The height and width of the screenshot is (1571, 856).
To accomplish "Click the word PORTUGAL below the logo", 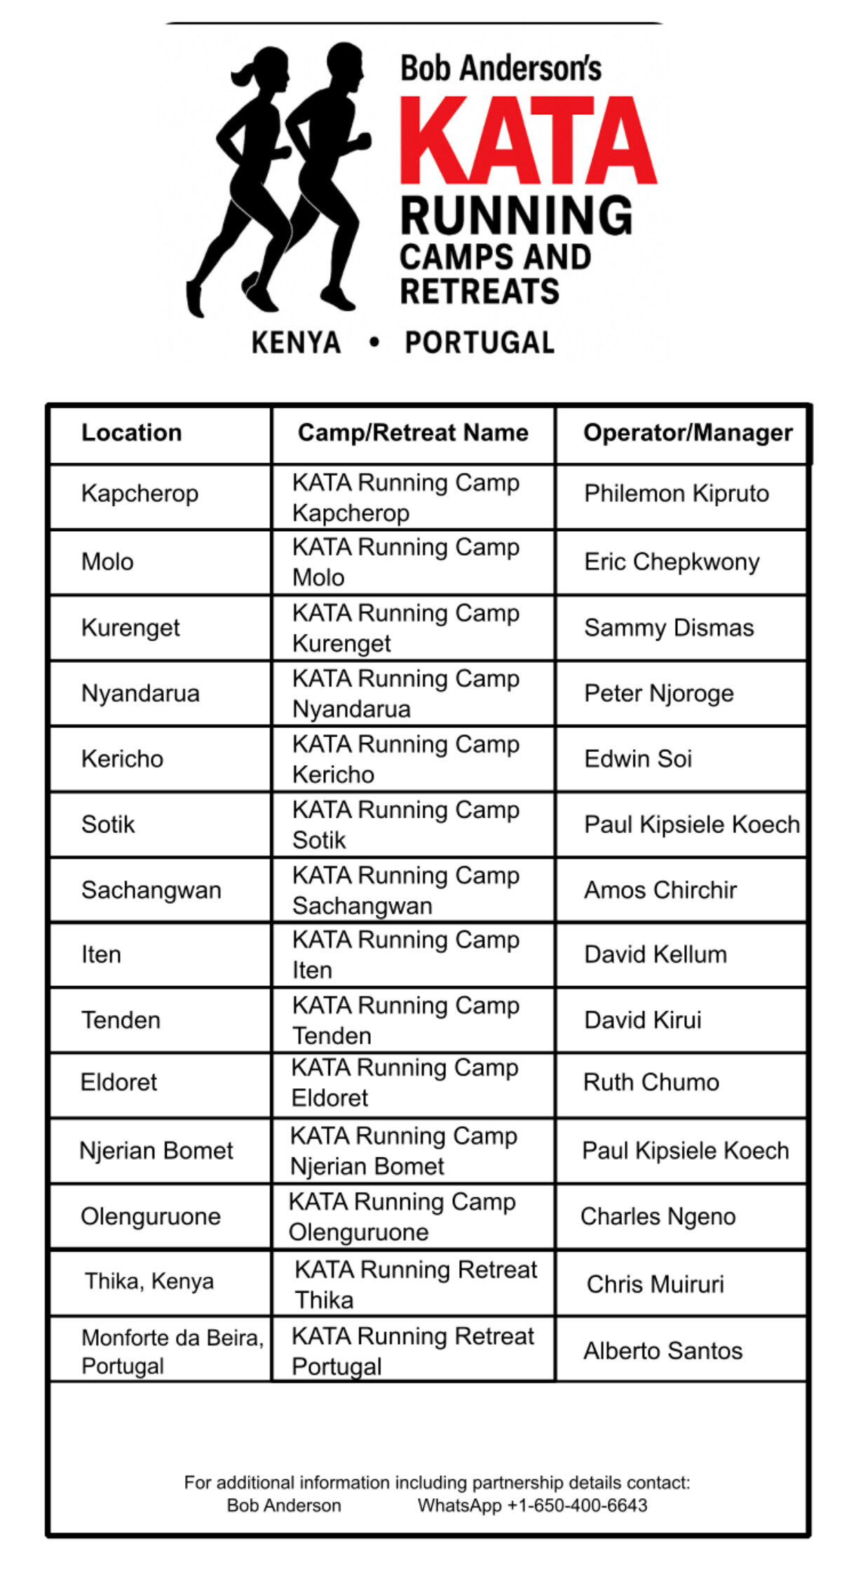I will (480, 343).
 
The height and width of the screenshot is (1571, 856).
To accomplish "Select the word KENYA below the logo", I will (296, 343).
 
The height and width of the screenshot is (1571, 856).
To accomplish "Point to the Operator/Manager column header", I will (687, 433).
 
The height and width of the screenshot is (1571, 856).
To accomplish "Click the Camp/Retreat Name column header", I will (413, 433).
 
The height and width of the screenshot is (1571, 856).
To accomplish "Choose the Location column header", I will (132, 433).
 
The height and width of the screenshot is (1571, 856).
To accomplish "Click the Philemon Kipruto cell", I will (677, 494).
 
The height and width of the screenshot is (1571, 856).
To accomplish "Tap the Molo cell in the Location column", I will (107, 562).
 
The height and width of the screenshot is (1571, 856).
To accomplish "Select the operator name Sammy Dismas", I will (669, 628).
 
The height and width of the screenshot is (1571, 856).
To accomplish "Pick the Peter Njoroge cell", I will (659, 694).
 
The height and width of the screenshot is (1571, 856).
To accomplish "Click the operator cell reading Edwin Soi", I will (638, 759).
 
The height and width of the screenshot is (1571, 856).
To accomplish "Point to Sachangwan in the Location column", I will (151, 891).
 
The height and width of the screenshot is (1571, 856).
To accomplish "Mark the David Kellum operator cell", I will (655, 955).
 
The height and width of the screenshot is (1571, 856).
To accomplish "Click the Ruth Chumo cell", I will (651, 1083).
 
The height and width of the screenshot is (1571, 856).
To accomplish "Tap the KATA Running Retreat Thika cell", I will (415, 1284).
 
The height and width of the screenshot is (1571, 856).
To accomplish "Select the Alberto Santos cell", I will (663, 1350).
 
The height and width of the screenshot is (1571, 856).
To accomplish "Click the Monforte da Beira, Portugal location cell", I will (172, 1351).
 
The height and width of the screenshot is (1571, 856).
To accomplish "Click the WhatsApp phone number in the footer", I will (532, 1505).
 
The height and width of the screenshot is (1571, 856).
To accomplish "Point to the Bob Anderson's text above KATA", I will (501, 69).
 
